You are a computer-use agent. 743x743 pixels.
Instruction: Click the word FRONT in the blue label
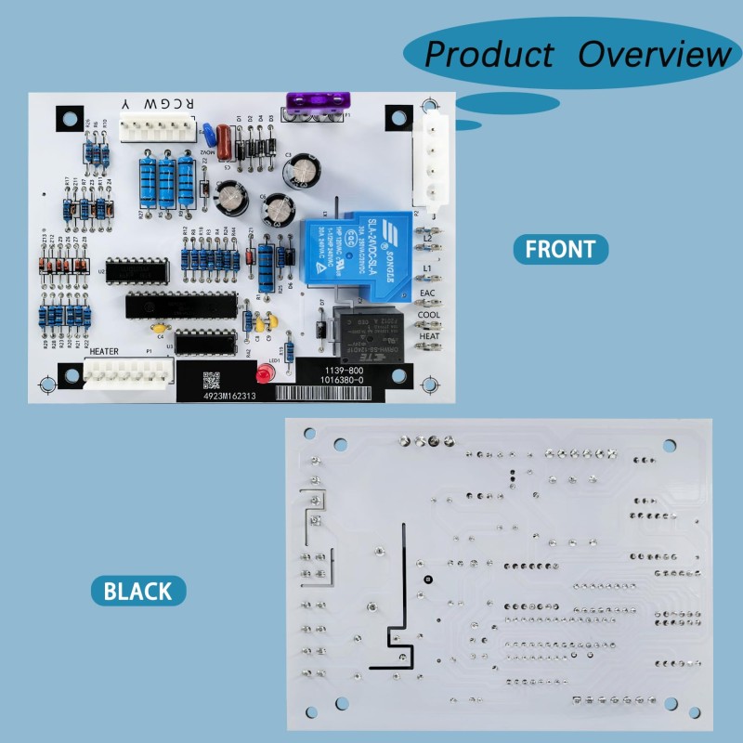pyautogui.click(x=560, y=249)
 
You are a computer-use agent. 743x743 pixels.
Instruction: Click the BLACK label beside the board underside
pyautogui.click(x=137, y=591)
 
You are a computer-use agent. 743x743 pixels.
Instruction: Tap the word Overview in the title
pyautogui.click(x=654, y=54)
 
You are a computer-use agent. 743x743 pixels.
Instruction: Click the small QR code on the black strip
pyautogui.click(x=212, y=380)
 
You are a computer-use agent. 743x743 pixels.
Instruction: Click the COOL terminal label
pyautogui.click(x=428, y=314)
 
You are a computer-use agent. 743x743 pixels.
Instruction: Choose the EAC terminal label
pyautogui.click(x=427, y=293)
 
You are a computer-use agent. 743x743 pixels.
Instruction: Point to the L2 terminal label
pyautogui.click(x=428, y=240)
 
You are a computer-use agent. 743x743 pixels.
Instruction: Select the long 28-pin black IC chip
pyautogui.click(x=182, y=303)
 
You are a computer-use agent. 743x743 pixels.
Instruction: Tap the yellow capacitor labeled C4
pyautogui.click(x=160, y=327)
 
